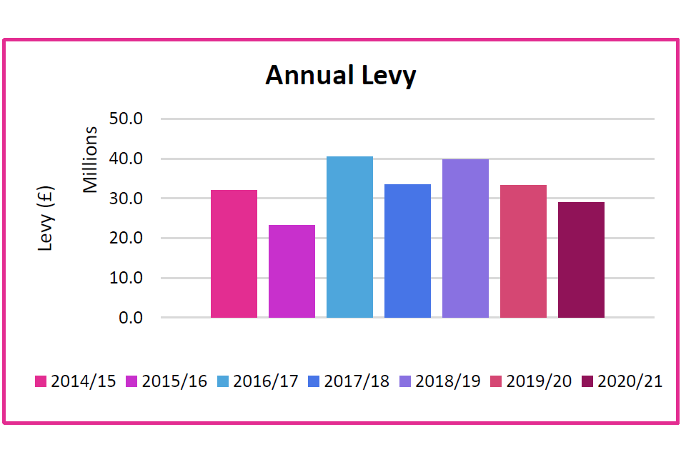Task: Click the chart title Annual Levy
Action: tap(340, 75)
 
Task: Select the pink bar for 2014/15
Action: tap(234, 253)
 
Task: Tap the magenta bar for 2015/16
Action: tap(292, 271)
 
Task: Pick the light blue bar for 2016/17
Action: tap(349, 237)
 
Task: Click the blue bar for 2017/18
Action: tap(407, 251)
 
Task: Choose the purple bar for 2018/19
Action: tap(465, 238)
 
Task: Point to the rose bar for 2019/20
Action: tap(523, 251)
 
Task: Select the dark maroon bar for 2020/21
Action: tap(581, 260)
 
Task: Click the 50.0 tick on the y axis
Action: tap(126, 119)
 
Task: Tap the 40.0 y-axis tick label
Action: tap(126, 159)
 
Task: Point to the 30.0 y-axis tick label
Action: tap(126, 199)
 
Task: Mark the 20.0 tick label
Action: tap(126, 238)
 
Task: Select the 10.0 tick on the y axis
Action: tap(126, 278)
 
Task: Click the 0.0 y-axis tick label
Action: tap(130, 318)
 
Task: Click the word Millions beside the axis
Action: tap(90, 160)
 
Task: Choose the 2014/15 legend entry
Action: tap(76, 381)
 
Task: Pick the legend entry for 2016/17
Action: tap(258, 381)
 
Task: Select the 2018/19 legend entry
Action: tap(440, 381)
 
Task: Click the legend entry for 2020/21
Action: tap(622, 381)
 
